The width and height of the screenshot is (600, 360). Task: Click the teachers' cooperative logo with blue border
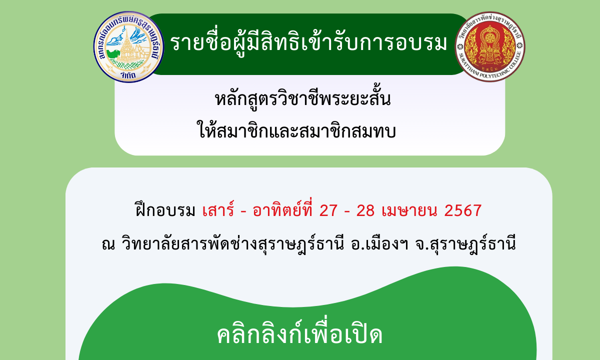pos(128,47)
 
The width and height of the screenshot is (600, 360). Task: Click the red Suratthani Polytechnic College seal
pos(490,46)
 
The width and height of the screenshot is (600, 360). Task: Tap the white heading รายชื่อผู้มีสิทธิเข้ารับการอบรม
pos(308,42)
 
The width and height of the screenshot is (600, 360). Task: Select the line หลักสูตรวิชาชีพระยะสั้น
pos(302,98)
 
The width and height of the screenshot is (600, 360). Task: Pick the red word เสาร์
pos(218,209)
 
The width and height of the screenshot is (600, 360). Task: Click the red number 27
pos(328,210)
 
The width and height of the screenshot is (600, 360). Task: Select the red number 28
pos(365,210)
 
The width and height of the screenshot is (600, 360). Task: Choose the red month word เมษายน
pos(409,210)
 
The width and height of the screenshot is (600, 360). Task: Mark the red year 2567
pos(463,210)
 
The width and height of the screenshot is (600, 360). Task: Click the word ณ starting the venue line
pos(108,244)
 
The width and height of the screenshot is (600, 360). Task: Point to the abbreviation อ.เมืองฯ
pos(379,243)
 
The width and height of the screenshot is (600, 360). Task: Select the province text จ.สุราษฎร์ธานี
pos(465,243)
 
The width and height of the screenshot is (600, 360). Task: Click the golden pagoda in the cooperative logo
pos(126,48)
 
